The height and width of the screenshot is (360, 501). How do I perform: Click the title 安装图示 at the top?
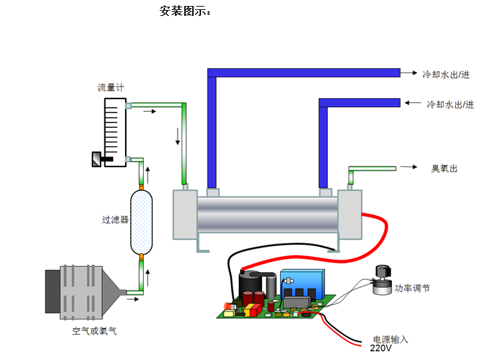click(x=186, y=11)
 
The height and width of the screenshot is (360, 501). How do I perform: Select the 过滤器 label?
click(x=114, y=220)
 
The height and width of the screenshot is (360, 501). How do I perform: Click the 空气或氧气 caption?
click(x=94, y=330)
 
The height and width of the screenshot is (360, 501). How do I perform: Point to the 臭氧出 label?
click(x=444, y=168)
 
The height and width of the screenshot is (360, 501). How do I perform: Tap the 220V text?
click(x=381, y=348)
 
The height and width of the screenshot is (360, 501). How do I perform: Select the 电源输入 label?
click(x=391, y=339)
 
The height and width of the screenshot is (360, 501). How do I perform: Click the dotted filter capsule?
click(x=141, y=222)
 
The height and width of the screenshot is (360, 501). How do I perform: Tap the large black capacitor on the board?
click(x=249, y=286)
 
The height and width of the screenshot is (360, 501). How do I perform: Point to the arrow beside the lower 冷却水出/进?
click(x=415, y=104)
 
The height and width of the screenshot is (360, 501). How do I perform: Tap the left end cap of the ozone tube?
click(x=184, y=214)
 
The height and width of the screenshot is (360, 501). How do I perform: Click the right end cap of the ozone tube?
click(x=349, y=214)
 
